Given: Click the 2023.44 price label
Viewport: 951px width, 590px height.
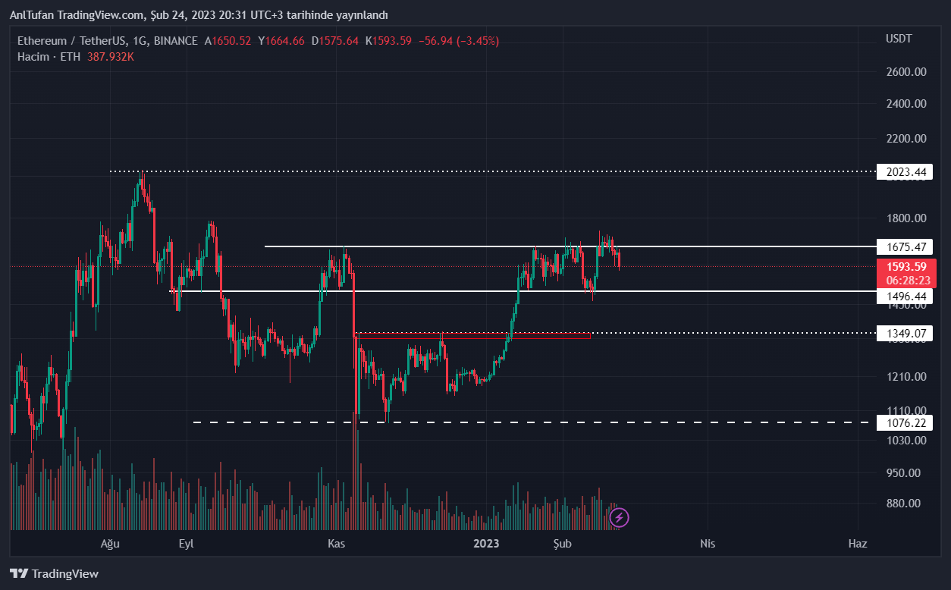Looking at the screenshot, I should (x=906, y=172).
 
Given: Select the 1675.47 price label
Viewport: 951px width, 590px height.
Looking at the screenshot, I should (x=906, y=246).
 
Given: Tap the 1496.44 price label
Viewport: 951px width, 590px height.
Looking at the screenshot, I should (x=906, y=296).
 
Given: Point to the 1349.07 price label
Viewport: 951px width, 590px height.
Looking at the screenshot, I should (x=906, y=333).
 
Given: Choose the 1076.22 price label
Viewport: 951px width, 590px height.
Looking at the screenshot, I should (x=906, y=422).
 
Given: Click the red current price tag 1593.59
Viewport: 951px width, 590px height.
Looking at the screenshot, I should (x=906, y=267).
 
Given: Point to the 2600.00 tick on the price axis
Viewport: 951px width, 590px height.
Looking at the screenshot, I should (x=906, y=72).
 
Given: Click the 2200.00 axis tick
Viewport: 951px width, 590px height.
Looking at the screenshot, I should (x=906, y=139).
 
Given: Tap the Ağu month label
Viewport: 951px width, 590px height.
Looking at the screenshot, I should (x=111, y=544).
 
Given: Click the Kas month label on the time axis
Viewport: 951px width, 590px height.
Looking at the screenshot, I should (x=336, y=544).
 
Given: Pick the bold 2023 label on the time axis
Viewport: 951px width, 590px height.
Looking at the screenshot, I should (x=486, y=544).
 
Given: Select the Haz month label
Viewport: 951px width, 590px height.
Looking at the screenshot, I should (x=858, y=544).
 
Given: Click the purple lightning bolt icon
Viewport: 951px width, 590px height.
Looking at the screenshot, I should (x=620, y=518).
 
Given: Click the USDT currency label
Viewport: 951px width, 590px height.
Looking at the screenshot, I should (x=899, y=39).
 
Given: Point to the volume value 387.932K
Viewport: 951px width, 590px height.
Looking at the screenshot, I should (x=109, y=57).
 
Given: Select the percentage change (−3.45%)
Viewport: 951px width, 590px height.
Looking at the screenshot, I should (x=478, y=41).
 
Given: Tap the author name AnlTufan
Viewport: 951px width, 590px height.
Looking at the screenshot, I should (x=31, y=15).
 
